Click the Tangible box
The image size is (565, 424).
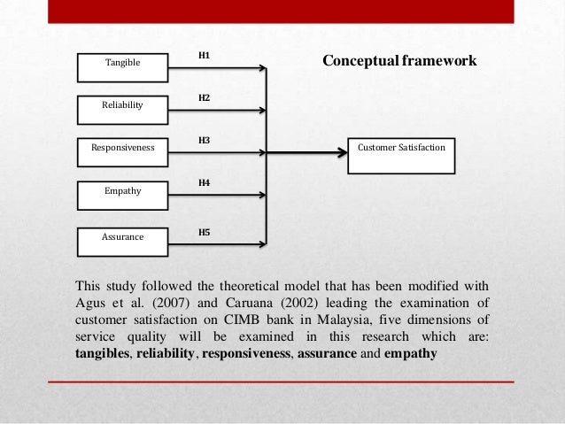(122, 64)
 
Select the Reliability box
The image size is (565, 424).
(122, 106)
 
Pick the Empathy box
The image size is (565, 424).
(122, 190)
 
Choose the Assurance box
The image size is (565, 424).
(122, 237)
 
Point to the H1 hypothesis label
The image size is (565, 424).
(204, 55)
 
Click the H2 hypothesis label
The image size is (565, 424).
(204, 97)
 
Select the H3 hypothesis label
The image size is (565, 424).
(204, 140)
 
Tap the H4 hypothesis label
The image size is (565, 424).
(204, 182)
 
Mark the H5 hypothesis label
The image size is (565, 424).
(204, 231)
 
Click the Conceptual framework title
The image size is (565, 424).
(399, 61)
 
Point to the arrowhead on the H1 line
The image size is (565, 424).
(262, 67)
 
